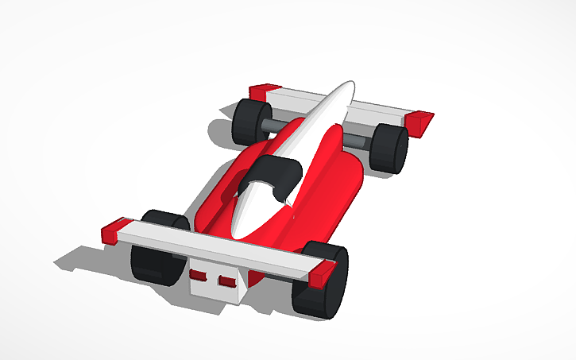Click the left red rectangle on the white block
(199, 276)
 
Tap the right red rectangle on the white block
(228, 281)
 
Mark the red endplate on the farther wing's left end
(264, 92)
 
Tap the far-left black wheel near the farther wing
(248, 121)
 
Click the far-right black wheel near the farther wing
(389, 148)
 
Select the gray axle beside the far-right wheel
(357, 141)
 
